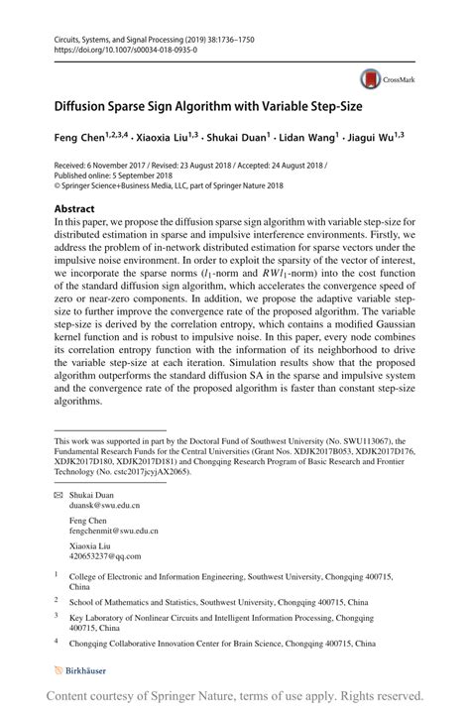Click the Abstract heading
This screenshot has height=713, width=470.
tap(75, 209)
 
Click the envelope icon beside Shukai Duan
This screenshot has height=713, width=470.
tap(59, 493)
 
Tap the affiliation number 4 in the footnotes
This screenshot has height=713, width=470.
tap(58, 643)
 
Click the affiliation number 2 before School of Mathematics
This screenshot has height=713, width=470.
tap(58, 600)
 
